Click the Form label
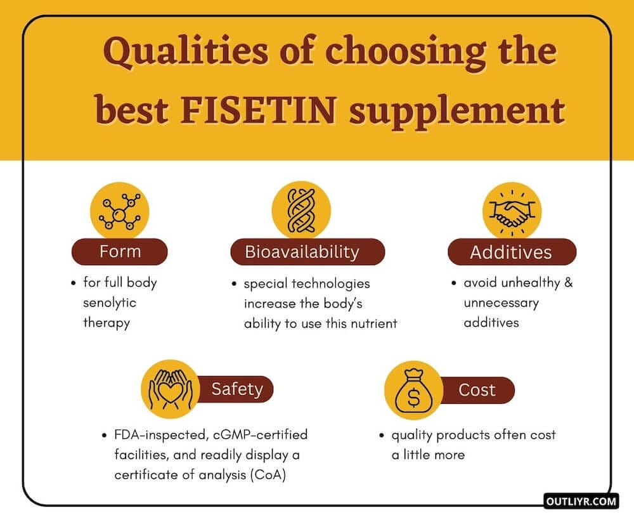(120, 252)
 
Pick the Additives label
(511, 252)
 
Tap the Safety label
(236, 388)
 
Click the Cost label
(477, 389)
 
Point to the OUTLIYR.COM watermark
(580, 502)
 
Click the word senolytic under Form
(110, 303)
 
